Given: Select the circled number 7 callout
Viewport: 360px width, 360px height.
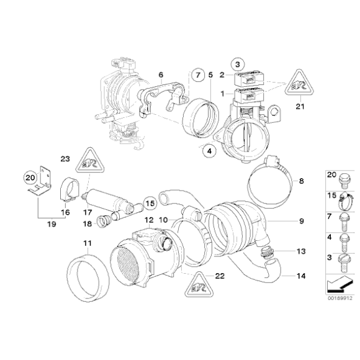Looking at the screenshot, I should point(197,75).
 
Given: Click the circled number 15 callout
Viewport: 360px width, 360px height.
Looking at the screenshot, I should point(149,203).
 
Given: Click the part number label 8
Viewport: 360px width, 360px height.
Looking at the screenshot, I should point(301,181).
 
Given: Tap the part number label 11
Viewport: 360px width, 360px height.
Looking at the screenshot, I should point(88,242).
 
